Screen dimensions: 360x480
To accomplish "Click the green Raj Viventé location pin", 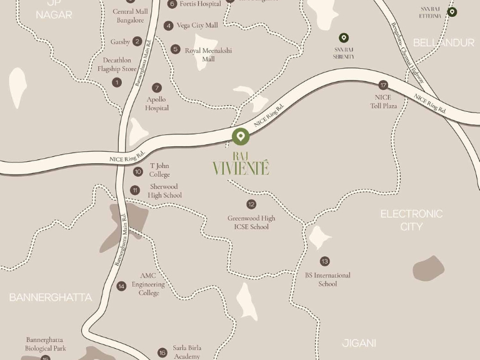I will pos(241,136).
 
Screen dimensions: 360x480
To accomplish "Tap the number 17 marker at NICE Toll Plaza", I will pos(383,85).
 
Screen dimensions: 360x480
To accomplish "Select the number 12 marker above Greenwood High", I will pos(251,204).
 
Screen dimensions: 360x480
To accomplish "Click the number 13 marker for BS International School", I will pos(324,261).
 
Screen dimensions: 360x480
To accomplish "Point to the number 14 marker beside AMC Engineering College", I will pos(121,286).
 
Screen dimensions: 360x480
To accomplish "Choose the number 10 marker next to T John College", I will pos(137,171).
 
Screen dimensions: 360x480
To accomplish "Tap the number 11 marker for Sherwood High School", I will pos(135,191).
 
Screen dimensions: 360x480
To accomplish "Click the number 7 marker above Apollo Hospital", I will pos(157,88).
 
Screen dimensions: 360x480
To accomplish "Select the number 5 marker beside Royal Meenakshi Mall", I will pos(176,49).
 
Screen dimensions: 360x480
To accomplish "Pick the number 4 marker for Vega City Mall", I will pos(168,26).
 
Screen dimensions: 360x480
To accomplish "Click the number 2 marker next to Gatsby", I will pos(137,42).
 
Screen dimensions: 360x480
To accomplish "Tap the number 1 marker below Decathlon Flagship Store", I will pos(117,82).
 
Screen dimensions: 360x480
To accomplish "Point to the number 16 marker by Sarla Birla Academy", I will pos(162,352).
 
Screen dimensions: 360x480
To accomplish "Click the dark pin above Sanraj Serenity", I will pos(344,38).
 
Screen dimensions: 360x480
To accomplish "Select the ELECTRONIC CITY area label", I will pos(411,220).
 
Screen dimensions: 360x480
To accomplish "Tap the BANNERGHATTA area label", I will pos(50,297).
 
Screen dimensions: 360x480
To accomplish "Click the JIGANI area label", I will pos(359,343).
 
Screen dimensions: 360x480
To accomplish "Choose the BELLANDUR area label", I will pos(444,42).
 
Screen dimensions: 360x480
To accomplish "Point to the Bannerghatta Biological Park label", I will pos(45,344).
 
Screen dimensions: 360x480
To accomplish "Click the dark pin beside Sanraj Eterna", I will pos(452,12).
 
